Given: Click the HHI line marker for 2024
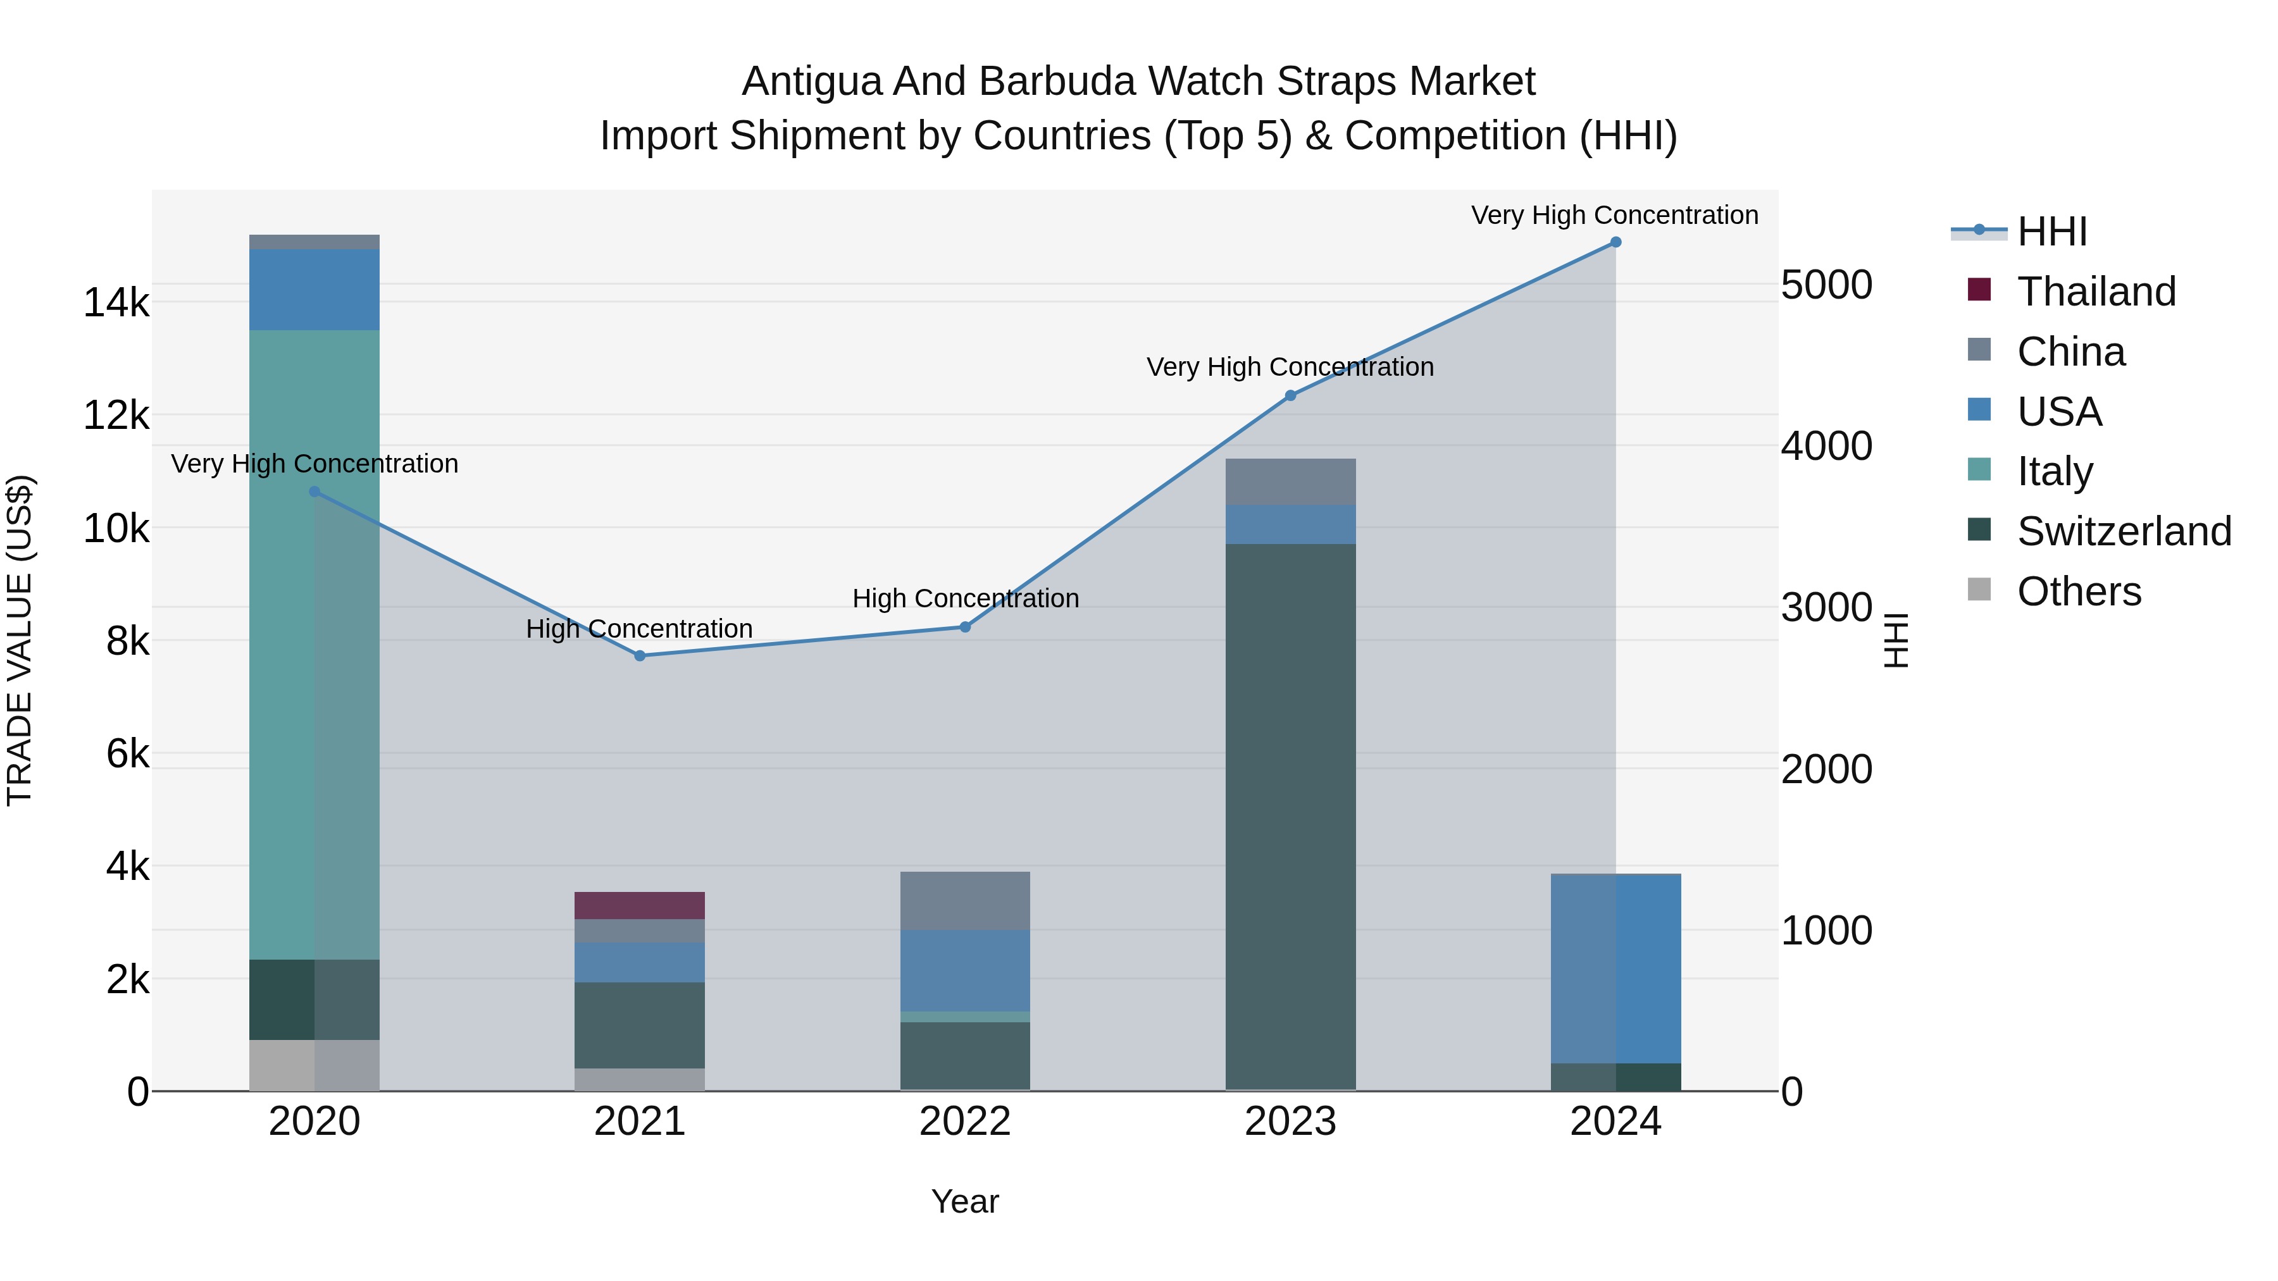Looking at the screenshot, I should [x=1615, y=242].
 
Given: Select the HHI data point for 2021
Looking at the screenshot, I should [x=639, y=656].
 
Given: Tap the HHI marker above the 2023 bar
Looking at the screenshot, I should [x=1290, y=395].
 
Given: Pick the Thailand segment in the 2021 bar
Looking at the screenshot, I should [x=639, y=905].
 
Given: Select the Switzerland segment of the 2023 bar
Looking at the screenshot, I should [x=1290, y=814].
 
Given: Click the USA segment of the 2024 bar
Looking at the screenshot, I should [x=1615, y=968].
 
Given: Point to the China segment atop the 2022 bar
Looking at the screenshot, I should [x=965, y=900].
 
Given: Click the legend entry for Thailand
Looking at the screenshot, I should [x=2095, y=292].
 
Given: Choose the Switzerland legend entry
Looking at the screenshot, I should [x=2123, y=531].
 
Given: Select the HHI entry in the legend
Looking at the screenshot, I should [x=2051, y=232].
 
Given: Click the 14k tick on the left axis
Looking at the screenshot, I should [x=116, y=303].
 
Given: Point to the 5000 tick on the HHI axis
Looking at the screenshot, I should [x=1826, y=285].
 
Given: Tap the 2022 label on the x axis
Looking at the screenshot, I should [x=965, y=1122].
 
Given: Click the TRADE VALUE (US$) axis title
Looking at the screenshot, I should [x=20, y=640].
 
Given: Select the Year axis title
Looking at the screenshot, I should [x=965, y=1201].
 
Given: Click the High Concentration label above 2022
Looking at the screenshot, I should [x=965, y=598].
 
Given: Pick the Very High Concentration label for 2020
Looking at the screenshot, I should [x=314, y=464].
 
